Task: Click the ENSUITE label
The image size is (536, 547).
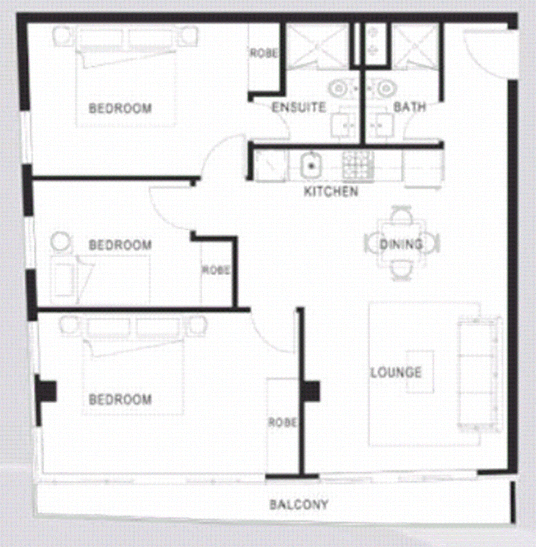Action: click(x=298, y=107)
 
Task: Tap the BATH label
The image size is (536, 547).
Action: click(x=409, y=107)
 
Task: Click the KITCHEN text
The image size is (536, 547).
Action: click(x=331, y=192)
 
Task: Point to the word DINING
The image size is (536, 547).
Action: click(x=401, y=245)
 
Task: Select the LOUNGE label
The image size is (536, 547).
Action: click(x=396, y=373)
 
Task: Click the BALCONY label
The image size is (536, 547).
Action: click(x=298, y=505)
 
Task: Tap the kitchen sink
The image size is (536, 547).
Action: click(x=311, y=166)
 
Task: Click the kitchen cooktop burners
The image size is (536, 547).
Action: click(x=358, y=166)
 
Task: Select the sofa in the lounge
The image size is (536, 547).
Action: click(x=479, y=374)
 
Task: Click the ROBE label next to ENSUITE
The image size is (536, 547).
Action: click(x=263, y=53)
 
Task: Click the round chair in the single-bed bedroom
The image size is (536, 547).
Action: click(x=60, y=242)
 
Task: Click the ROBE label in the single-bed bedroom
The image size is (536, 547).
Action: click(x=216, y=270)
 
